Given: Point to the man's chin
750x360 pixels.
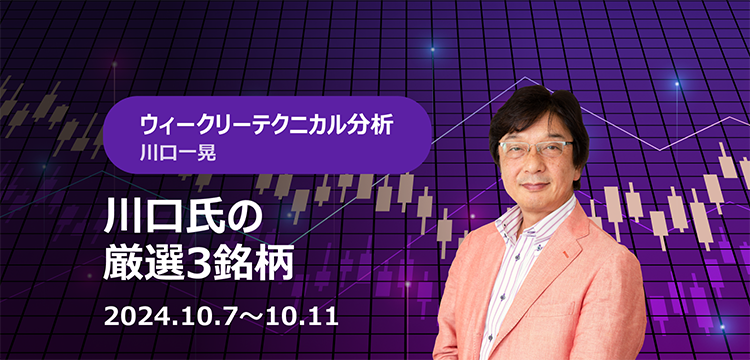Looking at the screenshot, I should [x=534, y=203].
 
